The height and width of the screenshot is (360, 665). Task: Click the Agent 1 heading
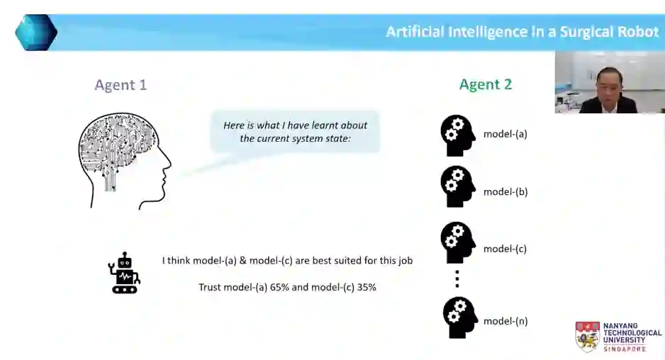(x=121, y=85)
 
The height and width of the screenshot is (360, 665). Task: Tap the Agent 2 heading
(x=485, y=84)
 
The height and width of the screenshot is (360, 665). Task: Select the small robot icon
(x=124, y=273)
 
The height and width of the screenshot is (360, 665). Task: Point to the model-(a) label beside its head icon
(x=505, y=133)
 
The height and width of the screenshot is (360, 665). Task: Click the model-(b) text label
(x=505, y=191)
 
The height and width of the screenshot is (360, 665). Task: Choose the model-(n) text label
(x=505, y=321)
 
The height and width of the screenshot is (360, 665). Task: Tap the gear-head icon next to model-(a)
(x=457, y=135)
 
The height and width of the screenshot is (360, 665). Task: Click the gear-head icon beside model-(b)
(x=457, y=186)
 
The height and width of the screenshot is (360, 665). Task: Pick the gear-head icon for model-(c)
(x=457, y=243)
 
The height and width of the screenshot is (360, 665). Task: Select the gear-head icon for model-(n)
(x=459, y=317)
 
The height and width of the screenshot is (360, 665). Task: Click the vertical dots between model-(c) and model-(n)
(x=457, y=279)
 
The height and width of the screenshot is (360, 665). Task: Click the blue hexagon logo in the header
(x=35, y=33)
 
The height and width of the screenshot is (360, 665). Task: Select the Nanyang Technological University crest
(x=587, y=337)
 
